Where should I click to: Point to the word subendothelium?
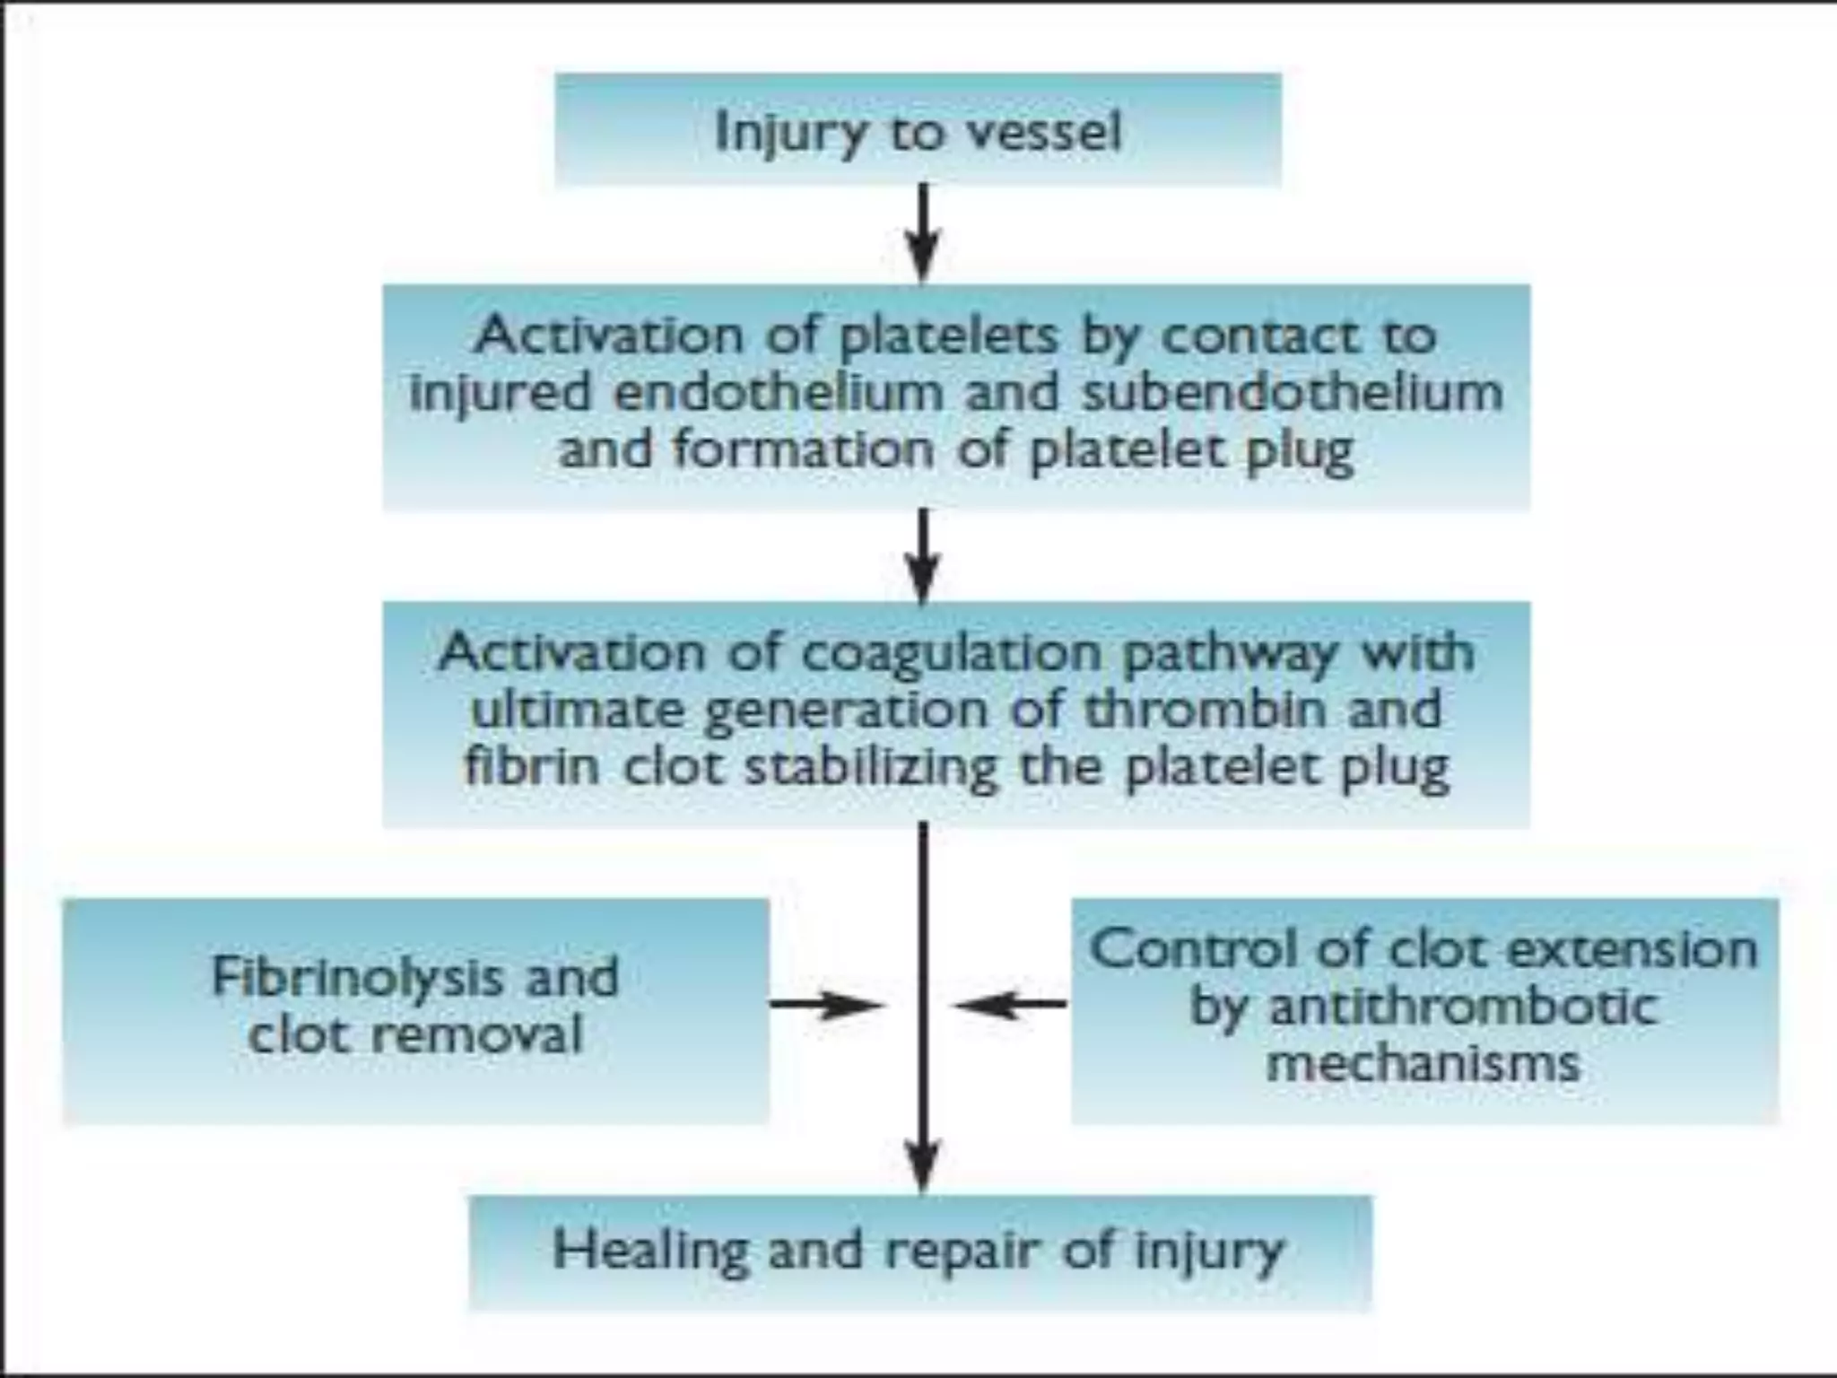(1292, 393)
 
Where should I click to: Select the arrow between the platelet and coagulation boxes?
(923, 556)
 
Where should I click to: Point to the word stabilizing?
(870, 768)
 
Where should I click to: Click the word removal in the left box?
(477, 1035)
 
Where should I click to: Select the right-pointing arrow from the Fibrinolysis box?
(825, 1005)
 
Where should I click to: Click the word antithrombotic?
(1462, 1007)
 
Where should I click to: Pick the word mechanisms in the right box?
(1423, 1064)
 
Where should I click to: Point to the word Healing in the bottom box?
(650, 1251)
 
